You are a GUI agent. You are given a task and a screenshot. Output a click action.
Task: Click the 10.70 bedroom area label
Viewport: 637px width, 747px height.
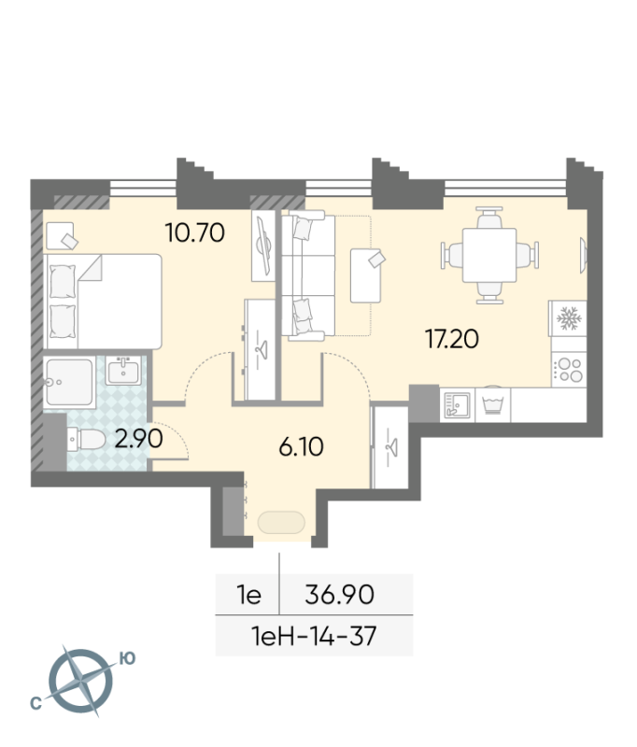click(x=195, y=233)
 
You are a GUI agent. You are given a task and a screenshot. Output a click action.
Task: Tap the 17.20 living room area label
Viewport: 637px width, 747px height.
click(x=452, y=339)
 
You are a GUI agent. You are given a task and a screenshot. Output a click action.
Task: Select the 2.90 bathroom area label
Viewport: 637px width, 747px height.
click(x=138, y=438)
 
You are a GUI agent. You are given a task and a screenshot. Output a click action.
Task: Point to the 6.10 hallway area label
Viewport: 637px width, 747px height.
click(x=301, y=447)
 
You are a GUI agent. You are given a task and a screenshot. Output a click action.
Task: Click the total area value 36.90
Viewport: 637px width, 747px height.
click(x=340, y=595)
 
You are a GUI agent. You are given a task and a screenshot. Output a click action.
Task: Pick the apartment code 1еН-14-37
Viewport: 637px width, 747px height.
click(x=315, y=636)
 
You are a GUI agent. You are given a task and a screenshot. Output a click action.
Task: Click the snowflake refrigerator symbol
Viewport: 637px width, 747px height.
click(x=568, y=318)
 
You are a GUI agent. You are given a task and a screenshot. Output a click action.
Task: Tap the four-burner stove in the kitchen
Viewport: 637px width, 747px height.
click(x=569, y=370)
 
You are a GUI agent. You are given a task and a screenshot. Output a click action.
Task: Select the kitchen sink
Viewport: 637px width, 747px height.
click(x=457, y=405)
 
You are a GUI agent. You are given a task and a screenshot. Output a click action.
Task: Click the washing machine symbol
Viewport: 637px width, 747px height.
click(x=492, y=405)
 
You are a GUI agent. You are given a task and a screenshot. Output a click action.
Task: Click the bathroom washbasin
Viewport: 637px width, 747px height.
click(x=123, y=371)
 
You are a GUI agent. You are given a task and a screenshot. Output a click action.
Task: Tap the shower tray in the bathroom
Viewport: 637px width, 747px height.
click(x=68, y=382)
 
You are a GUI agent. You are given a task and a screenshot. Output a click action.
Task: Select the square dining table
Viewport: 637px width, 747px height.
click(x=489, y=255)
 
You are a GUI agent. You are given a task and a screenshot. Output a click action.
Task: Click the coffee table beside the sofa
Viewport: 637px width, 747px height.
click(x=365, y=275)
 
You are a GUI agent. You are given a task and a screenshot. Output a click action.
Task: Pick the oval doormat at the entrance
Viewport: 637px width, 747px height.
click(x=281, y=523)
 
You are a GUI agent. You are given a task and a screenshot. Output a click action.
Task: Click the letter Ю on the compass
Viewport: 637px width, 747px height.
click(x=127, y=658)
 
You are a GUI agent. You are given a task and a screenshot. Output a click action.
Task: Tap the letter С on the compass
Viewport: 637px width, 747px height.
click(x=35, y=703)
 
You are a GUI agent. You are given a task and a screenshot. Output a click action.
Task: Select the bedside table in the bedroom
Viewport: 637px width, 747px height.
click(x=61, y=235)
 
